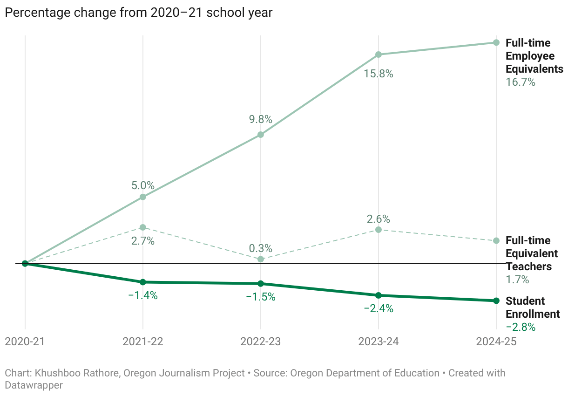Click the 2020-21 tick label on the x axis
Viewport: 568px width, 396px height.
(25, 341)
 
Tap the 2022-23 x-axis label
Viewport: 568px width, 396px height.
(260, 341)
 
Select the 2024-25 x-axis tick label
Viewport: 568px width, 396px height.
(496, 341)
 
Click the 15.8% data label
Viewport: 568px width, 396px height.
(379, 74)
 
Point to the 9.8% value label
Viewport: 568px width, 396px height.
(260, 119)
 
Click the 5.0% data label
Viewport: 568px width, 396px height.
(143, 185)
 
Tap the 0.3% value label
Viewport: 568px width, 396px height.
(260, 248)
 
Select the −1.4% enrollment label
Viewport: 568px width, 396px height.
(143, 295)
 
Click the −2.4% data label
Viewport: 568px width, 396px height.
(379, 308)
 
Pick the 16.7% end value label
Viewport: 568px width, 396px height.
(521, 82)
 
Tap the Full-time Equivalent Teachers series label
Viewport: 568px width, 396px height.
(532, 253)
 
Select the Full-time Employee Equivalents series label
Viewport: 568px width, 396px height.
(534, 56)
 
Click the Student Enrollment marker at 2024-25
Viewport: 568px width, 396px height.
(496, 300)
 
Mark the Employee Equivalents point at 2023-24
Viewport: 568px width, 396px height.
(379, 55)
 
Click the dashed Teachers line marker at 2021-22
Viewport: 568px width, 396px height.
(143, 227)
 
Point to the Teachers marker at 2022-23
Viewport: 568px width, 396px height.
(261, 259)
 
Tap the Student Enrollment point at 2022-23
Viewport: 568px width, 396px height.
(261, 283)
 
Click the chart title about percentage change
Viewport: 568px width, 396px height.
(138, 13)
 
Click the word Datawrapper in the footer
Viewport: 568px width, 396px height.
(34, 385)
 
